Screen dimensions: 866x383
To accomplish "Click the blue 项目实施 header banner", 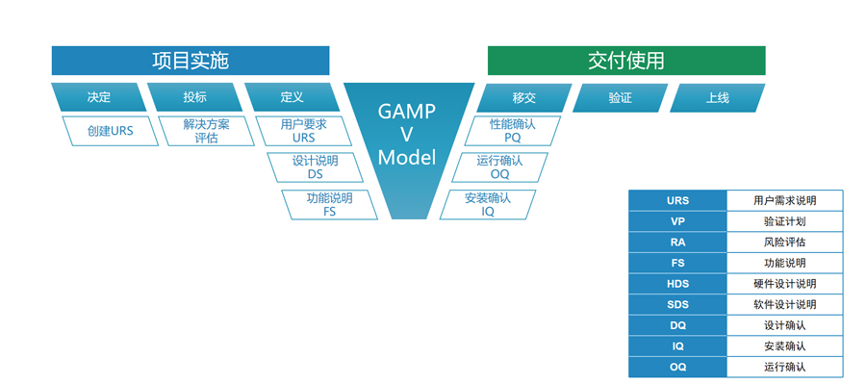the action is pos(191,61).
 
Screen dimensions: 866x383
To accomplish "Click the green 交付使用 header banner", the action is pos(626,61).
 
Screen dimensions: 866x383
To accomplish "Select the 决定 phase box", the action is pos(99,98).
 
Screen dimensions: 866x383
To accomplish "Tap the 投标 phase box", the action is pos(195,98).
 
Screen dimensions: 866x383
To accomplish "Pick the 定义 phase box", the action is pos(293,98).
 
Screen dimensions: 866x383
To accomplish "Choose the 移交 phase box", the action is pos(524,98).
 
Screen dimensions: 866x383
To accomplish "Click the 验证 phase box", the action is pos(621,98).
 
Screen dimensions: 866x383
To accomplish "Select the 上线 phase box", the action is pos(718,98).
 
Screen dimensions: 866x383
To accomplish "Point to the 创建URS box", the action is pos(111,131).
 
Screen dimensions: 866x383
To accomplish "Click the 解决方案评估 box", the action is pos(207,131).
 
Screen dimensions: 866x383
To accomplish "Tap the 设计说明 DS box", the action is pos(316,167).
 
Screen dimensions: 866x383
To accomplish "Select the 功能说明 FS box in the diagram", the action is pos(330,204).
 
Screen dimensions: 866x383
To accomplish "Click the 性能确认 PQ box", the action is pos(513,131).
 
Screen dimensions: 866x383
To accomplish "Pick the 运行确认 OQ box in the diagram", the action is pos(499,167).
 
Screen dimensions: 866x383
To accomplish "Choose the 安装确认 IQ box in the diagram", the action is pos(488,204).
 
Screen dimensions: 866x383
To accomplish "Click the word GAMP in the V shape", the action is pos(407,111).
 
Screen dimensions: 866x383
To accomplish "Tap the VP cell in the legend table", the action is pos(677,221).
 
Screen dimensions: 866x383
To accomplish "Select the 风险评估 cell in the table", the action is pos(785,243).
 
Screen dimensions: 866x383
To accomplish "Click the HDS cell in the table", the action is pos(677,284).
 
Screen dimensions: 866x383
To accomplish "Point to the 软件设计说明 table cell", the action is pos(785,304).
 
